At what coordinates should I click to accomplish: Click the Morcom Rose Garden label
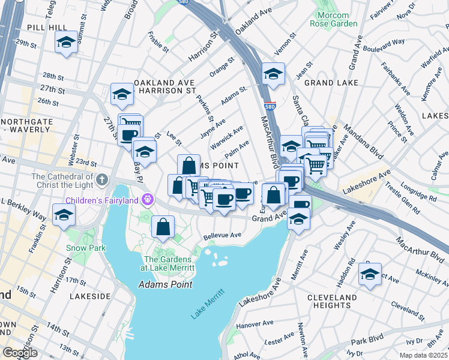point(333,19)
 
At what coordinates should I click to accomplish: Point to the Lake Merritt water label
point(208,304)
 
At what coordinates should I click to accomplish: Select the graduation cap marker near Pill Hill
point(66,42)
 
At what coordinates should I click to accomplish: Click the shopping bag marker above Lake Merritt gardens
point(163,227)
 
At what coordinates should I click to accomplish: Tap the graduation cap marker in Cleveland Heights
point(370,275)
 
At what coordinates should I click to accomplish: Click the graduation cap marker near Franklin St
point(64,214)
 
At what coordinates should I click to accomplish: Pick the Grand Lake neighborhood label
point(331,82)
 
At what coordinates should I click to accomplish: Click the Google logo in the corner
point(19,353)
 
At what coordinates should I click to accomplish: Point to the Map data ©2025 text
point(422,355)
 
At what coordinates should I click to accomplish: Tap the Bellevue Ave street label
point(221,235)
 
